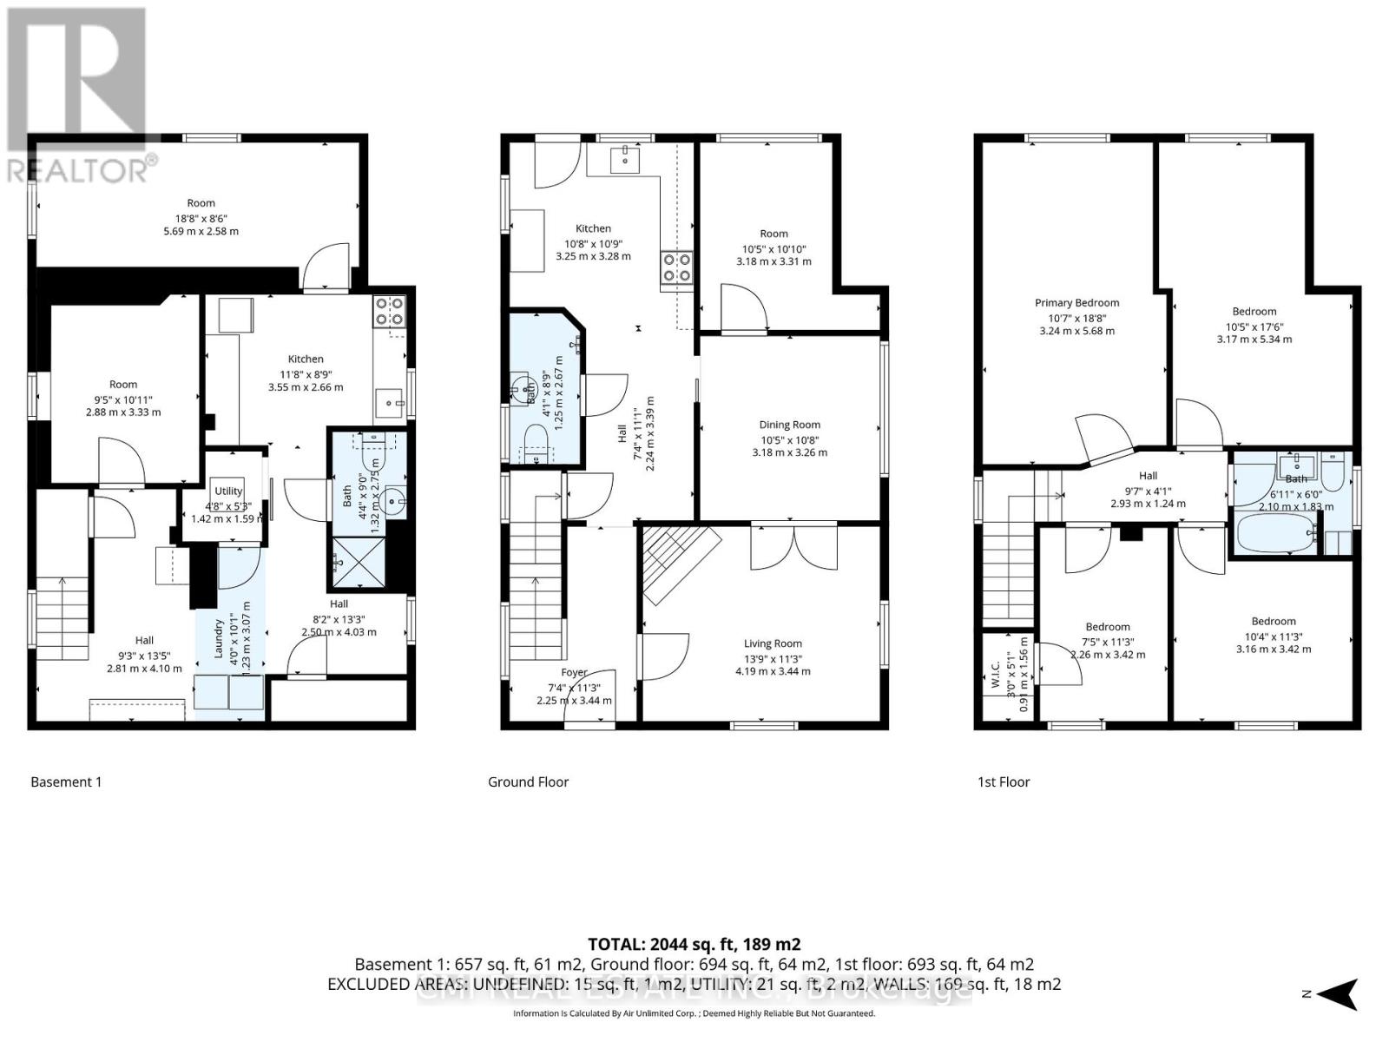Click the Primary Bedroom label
[x=1076, y=303]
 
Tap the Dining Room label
[x=789, y=425]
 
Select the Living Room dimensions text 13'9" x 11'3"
[x=773, y=657]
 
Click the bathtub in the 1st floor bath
[x=1274, y=533]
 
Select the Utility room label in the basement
[x=228, y=491]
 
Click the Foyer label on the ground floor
[x=574, y=672]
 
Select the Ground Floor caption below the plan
[x=528, y=781]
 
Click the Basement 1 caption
[x=66, y=781]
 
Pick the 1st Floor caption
[x=1004, y=781]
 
